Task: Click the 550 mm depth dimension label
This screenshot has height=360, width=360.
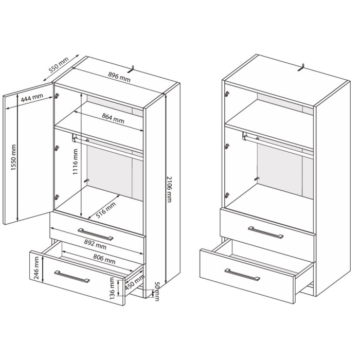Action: [x=59, y=65]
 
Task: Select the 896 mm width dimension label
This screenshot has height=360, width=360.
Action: [x=119, y=77]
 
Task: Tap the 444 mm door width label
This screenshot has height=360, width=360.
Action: [x=32, y=98]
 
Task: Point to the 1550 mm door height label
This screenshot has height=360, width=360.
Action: [x=13, y=157]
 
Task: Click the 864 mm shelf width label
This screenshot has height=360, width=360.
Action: [x=113, y=118]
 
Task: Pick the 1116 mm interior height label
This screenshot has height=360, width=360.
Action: [x=75, y=161]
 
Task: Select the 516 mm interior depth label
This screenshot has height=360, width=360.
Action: [x=105, y=210]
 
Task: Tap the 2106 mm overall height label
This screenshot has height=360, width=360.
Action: [x=169, y=189]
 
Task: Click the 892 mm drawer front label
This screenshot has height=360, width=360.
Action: [x=95, y=244]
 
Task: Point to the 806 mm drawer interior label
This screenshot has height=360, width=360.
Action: [x=104, y=259]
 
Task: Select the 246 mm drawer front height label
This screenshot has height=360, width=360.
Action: [x=37, y=268]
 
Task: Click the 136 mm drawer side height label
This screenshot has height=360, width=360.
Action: [x=112, y=288]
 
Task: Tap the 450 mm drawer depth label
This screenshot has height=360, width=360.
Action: [x=135, y=282]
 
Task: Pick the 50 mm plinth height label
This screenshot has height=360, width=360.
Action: [x=157, y=292]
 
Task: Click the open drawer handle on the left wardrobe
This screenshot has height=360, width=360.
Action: [x=72, y=277]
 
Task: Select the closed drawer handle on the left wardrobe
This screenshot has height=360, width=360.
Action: [x=96, y=235]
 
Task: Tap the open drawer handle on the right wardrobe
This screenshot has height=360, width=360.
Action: [x=242, y=275]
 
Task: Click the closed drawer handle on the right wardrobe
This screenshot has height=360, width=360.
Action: [x=266, y=232]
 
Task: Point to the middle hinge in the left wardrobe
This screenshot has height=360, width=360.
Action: [x=57, y=148]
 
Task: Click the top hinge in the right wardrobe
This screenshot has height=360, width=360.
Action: [x=227, y=94]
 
